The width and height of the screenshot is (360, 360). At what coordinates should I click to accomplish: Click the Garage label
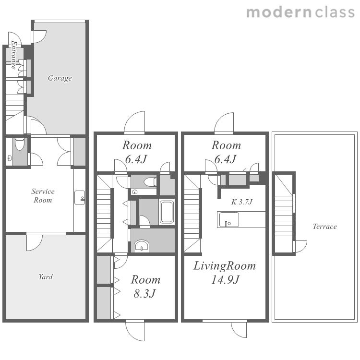click(60, 78)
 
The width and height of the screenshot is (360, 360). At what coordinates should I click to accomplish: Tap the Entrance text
click(14, 55)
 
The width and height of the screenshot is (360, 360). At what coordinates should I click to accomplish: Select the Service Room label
click(43, 196)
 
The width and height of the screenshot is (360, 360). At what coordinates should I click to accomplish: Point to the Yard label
click(46, 276)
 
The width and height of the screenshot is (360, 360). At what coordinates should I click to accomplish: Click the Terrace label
click(324, 227)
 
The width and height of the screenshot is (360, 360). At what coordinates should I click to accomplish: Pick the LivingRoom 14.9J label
click(225, 272)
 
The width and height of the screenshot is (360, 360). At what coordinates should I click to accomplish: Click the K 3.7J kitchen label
click(242, 202)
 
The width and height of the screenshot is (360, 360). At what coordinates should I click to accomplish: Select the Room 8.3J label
click(145, 286)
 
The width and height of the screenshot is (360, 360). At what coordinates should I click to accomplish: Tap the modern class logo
click(300, 12)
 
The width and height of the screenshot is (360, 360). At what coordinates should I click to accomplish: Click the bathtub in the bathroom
click(167, 212)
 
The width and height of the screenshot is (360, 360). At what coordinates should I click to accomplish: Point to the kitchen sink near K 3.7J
click(229, 219)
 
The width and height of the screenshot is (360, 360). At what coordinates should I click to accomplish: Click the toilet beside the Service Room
click(20, 144)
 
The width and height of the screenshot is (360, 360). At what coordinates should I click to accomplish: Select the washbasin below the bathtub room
click(142, 245)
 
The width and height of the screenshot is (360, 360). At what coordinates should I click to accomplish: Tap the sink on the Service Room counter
click(80, 197)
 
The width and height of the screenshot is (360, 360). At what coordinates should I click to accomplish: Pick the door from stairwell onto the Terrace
click(300, 246)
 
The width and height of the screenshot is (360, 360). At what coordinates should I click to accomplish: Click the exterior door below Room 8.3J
click(135, 331)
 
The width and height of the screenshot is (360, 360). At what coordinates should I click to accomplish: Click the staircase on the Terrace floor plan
click(284, 213)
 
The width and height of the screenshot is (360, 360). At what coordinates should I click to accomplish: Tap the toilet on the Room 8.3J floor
click(150, 182)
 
